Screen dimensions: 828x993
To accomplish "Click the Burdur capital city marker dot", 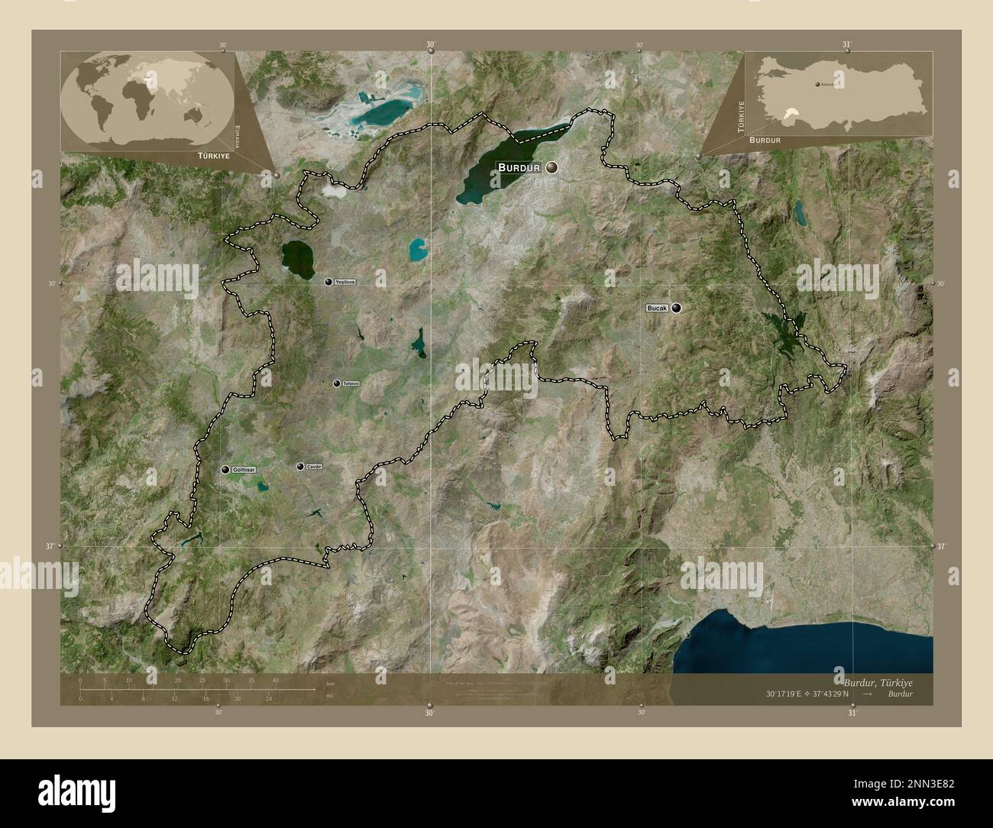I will (551, 167).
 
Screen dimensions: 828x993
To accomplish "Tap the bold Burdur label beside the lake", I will (519, 167).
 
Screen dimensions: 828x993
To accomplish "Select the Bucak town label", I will (658, 308).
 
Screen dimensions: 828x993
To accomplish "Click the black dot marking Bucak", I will (676, 308).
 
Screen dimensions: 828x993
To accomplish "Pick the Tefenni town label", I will (351, 383).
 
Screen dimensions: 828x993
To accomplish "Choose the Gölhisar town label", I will (245, 469).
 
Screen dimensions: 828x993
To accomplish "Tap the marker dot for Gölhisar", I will (225, 469).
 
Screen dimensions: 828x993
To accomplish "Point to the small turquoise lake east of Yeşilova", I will (417, 249).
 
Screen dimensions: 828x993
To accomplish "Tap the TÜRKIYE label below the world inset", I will (214, 154).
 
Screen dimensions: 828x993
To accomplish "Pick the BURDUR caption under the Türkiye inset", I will (765, 141).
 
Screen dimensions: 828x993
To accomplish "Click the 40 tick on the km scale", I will (276, 680).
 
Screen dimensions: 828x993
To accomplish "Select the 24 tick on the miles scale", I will (269, 698).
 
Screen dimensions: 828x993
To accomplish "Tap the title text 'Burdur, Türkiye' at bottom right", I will (878, 681).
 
